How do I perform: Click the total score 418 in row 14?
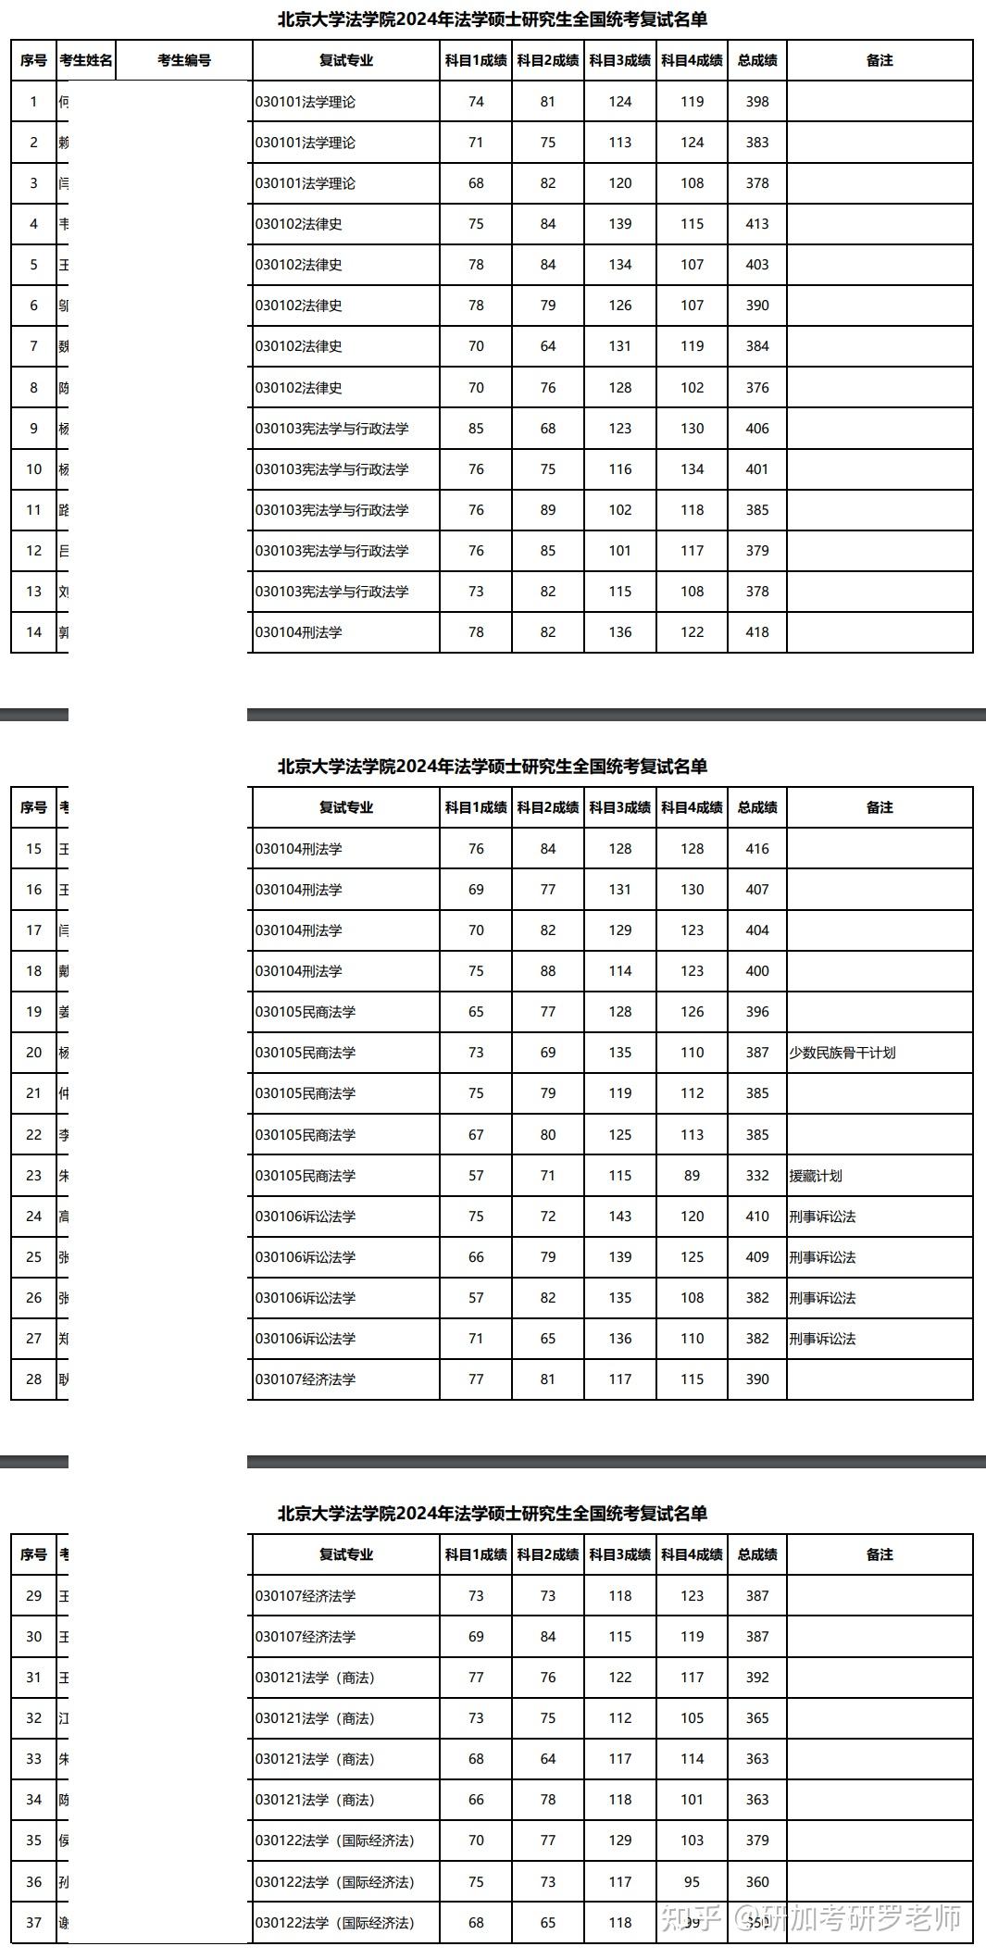coord(757,632)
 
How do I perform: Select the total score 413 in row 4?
coord(757,224)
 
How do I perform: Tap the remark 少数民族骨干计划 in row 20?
coord(842,1053)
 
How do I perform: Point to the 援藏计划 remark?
coord(816,1176)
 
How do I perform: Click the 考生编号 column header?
coord(184,60)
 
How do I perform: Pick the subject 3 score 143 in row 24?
coord(620,1217)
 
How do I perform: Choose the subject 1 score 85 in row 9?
coord(476,429)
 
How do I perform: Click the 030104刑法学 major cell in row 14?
coord(299,632)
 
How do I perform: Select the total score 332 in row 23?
coord(757,1176)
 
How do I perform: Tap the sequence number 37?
coord(34,1923)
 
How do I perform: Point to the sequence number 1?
coord(34,102)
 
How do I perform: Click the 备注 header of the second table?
coord(880,807)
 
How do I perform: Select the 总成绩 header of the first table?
coord(757,60)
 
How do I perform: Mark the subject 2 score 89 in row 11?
coord(548,510)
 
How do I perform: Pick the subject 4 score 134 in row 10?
coord(693,469)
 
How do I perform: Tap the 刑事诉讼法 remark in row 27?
coord(822,1339)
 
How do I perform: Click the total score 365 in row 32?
coord(757,1718)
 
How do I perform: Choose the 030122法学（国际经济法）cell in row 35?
coord(335,1840)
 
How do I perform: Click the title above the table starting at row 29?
coord(493,1514)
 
